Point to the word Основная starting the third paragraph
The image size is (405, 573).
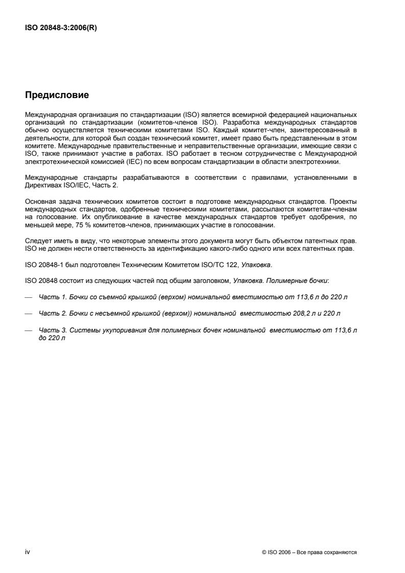(x=39, y=208)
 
